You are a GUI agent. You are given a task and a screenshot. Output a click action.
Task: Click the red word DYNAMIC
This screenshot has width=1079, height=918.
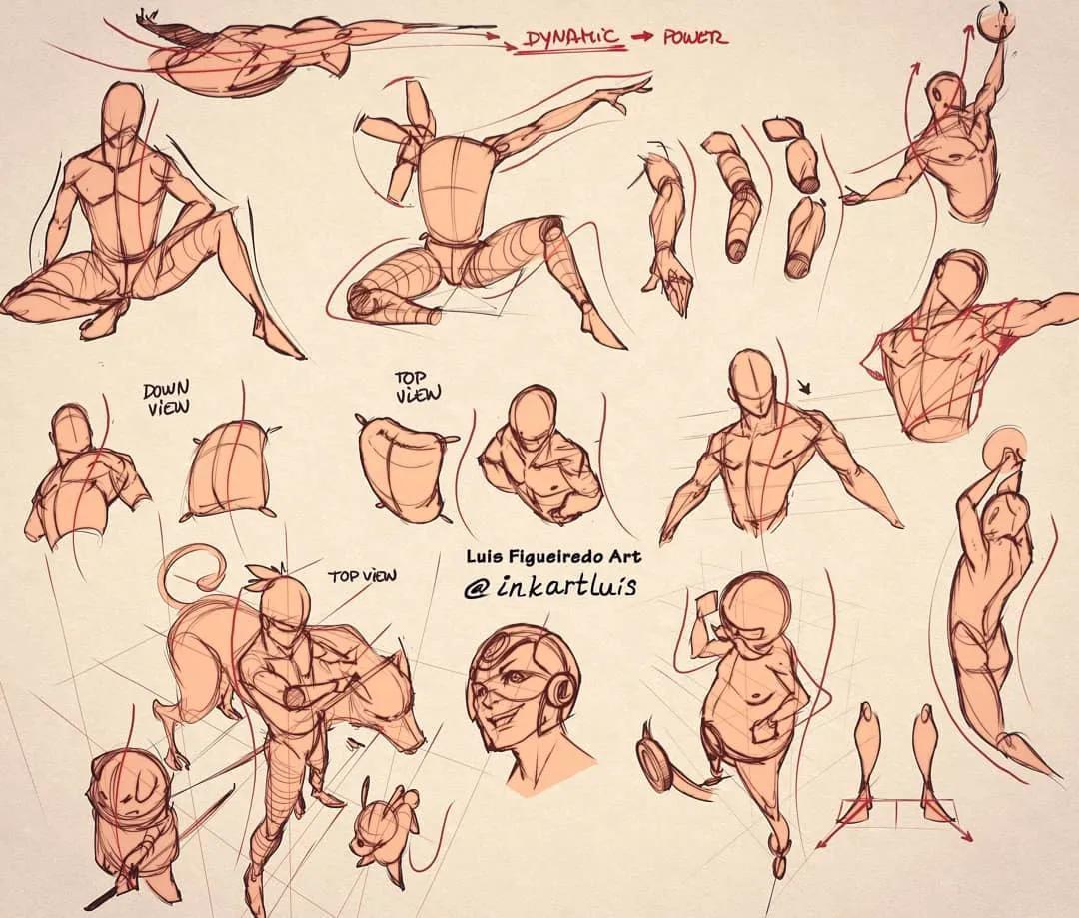pyautogui.click(x=572, y=39)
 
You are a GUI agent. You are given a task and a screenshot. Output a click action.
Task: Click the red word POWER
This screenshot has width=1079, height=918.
pyautogui.click(x=694, y=37)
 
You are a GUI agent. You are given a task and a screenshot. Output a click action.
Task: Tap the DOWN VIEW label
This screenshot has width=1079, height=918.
pyautogui.click(x=166, y=400)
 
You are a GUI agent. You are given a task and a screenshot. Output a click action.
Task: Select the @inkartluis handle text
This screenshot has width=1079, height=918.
pyautogui.click(x=548, y=585)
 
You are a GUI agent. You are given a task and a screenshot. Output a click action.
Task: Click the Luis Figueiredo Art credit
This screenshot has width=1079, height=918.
pyautogui.click(x=553, y=556)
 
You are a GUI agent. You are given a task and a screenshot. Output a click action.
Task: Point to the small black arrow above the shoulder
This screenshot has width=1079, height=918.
pyautogui.click(x=805, y=389)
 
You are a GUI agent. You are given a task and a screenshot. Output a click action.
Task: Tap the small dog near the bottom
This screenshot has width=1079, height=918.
pyautogui.click(x=381, y=828)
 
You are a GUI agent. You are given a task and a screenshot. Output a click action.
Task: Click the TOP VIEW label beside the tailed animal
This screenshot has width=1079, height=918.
pyautogui.click(x=362, y=575)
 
